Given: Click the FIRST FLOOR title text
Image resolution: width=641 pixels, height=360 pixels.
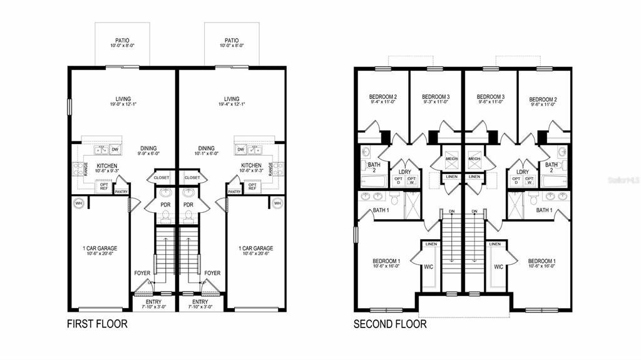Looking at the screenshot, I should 97,324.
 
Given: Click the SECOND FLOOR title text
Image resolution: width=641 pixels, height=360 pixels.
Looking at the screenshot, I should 390,324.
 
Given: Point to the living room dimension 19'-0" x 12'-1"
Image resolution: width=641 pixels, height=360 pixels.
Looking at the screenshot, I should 123,105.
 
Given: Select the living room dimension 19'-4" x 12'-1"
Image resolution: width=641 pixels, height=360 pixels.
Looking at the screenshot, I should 232,105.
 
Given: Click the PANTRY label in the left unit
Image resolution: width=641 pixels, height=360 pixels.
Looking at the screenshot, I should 121,192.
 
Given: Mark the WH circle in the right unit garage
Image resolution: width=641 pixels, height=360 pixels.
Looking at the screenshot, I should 277,203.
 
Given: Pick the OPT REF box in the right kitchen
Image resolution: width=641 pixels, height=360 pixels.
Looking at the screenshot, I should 252,186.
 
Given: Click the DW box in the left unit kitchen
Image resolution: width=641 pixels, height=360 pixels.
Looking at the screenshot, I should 115,150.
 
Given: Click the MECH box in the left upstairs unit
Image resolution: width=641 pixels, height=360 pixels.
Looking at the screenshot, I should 451,159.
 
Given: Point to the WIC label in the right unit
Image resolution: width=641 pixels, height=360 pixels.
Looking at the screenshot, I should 498,267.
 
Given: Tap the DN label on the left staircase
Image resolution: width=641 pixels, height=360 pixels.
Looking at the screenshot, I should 451,211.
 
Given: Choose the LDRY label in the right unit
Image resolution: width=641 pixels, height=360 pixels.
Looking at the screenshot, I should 522,172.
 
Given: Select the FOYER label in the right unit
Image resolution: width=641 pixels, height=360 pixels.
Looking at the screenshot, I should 212,273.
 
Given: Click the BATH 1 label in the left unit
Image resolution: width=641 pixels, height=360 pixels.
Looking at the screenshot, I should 382,210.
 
